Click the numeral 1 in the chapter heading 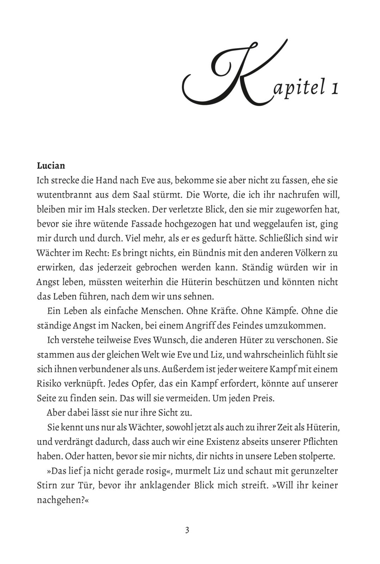(334, 89)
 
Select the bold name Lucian (51, 165)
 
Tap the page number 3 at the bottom (187, 530)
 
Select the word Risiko (51, 384)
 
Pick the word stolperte (316, 456)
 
